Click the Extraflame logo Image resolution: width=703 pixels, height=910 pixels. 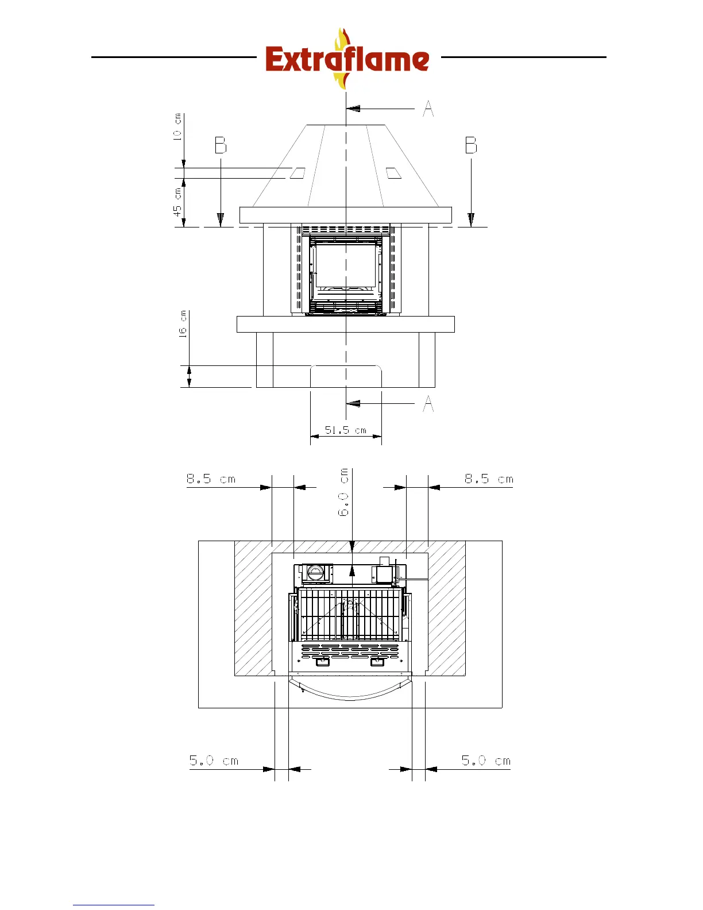click(x=347, y=59)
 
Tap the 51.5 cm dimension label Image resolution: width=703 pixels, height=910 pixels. click(x=345, y=430)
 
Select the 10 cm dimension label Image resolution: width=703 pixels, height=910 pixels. click(x=177, y=126)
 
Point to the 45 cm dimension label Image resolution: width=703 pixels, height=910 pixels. click(x=177, y=202)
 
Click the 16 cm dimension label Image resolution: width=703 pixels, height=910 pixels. click(x=183, y=324)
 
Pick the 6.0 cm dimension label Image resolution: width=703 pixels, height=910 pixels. click(x=343, y=492)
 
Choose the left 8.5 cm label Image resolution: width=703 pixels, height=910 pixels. click(x=211, y=479)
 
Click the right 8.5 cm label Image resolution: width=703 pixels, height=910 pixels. click(x=489, y=479)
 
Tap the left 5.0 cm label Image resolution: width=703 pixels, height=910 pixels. click(x=214, y=761)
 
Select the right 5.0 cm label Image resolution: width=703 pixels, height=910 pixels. click(x=486, y=761)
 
